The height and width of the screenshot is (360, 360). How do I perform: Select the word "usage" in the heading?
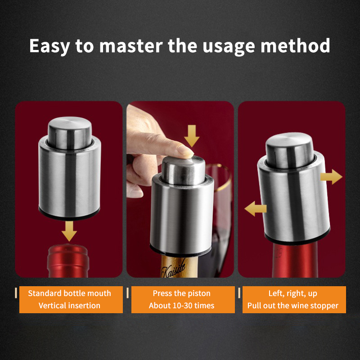(x=229, y=47)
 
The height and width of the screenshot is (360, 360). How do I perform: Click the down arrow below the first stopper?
(x=69, y=231)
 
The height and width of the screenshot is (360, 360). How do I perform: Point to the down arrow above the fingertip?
(x=192, y=136)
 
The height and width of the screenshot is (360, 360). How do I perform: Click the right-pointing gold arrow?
(x=331, y=177)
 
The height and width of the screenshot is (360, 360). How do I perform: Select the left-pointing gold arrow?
(x=255, y=209)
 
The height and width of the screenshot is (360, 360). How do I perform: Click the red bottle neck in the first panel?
(x=68, y=261)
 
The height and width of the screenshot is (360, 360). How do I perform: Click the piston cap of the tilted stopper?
(x=290, y=150)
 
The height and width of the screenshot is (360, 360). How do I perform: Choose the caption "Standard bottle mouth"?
(x=70, y=293)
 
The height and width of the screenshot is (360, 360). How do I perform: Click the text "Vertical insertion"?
(x=69, y=306)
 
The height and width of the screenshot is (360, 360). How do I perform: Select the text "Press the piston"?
(x=182, y=293)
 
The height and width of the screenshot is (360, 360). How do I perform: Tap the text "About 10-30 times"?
(x=182, y=306)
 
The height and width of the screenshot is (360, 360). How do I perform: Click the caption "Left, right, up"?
(x=293, y=293)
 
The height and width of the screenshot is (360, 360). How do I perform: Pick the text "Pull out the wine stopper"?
(x=293, y=306)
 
